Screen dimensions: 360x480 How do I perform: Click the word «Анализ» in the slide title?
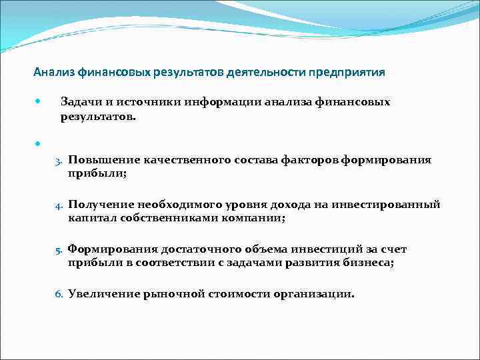click(x=53, y=72)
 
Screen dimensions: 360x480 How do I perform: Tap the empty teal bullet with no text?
click(x=38, y=143)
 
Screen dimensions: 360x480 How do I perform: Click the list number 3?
click(x=59, y=161)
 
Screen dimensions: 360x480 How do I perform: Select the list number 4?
click(x=59, y=205)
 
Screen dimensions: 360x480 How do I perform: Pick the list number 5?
click(x=59, y=250)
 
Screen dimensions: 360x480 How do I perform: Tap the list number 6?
click(x=59, y=294)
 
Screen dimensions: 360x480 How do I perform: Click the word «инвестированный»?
click(x=393, y=205)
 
